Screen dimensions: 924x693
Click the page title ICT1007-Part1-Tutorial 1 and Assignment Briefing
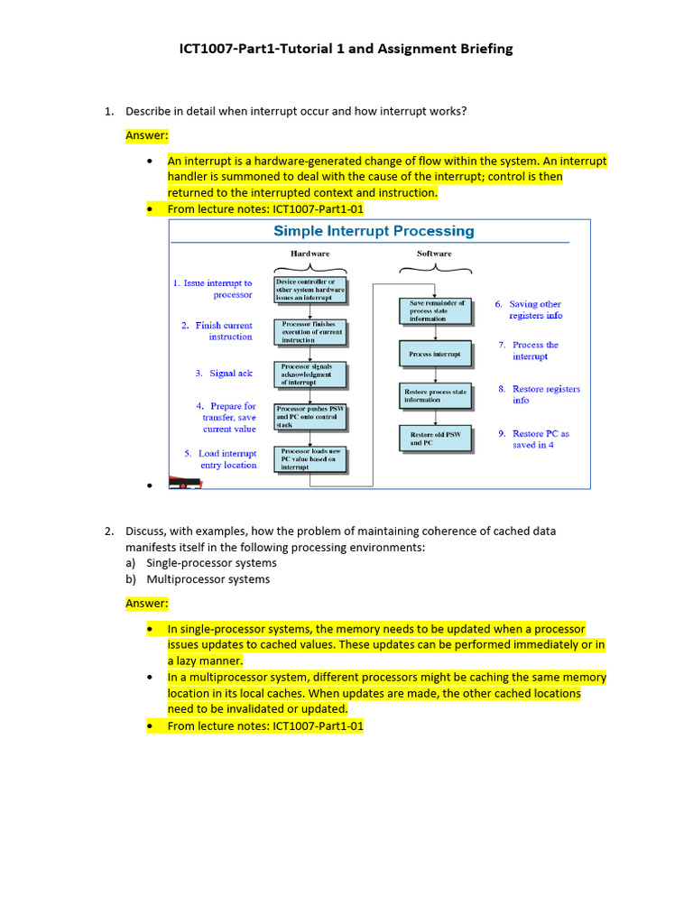pyautogui.click(x=346, y=49)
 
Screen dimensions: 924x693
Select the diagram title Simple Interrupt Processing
pyautogui.click(x=374, y=231)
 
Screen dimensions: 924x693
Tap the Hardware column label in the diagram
pyautogui.click(x=310, y=254)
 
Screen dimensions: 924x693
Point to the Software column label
pyautogui.click(x=434, y=254)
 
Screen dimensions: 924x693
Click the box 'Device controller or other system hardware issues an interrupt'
pyautogui.click(x=310, y=290)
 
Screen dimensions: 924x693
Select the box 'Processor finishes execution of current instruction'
pyautogui.click(x=310, y=332)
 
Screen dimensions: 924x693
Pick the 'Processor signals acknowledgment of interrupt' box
pyautogui.click(x=310, y=374)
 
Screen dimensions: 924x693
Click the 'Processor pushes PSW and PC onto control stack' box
pyautogui.click(x=310, y=417)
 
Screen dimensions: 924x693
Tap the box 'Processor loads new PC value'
pyautogui.click(x=310, y=459)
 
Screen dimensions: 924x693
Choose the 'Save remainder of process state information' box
pyautogui.click(x=436, y=310)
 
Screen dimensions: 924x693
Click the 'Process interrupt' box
pyautogui.click(x=436, y=354)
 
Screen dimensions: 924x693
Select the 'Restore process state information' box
pyautogui.click(x=436, y=395)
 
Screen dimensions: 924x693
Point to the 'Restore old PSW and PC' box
pyautogui.click(x=436, y=439)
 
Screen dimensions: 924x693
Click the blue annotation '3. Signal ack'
pyautogui.click(x=224, y=373)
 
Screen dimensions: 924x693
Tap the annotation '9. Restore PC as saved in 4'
pyautogui.click(x=534, y=439)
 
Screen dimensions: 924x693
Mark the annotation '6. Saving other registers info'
pyautogui.click(x=530, y=310)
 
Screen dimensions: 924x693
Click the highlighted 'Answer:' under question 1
pyautogui.click(x=147, y=135)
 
